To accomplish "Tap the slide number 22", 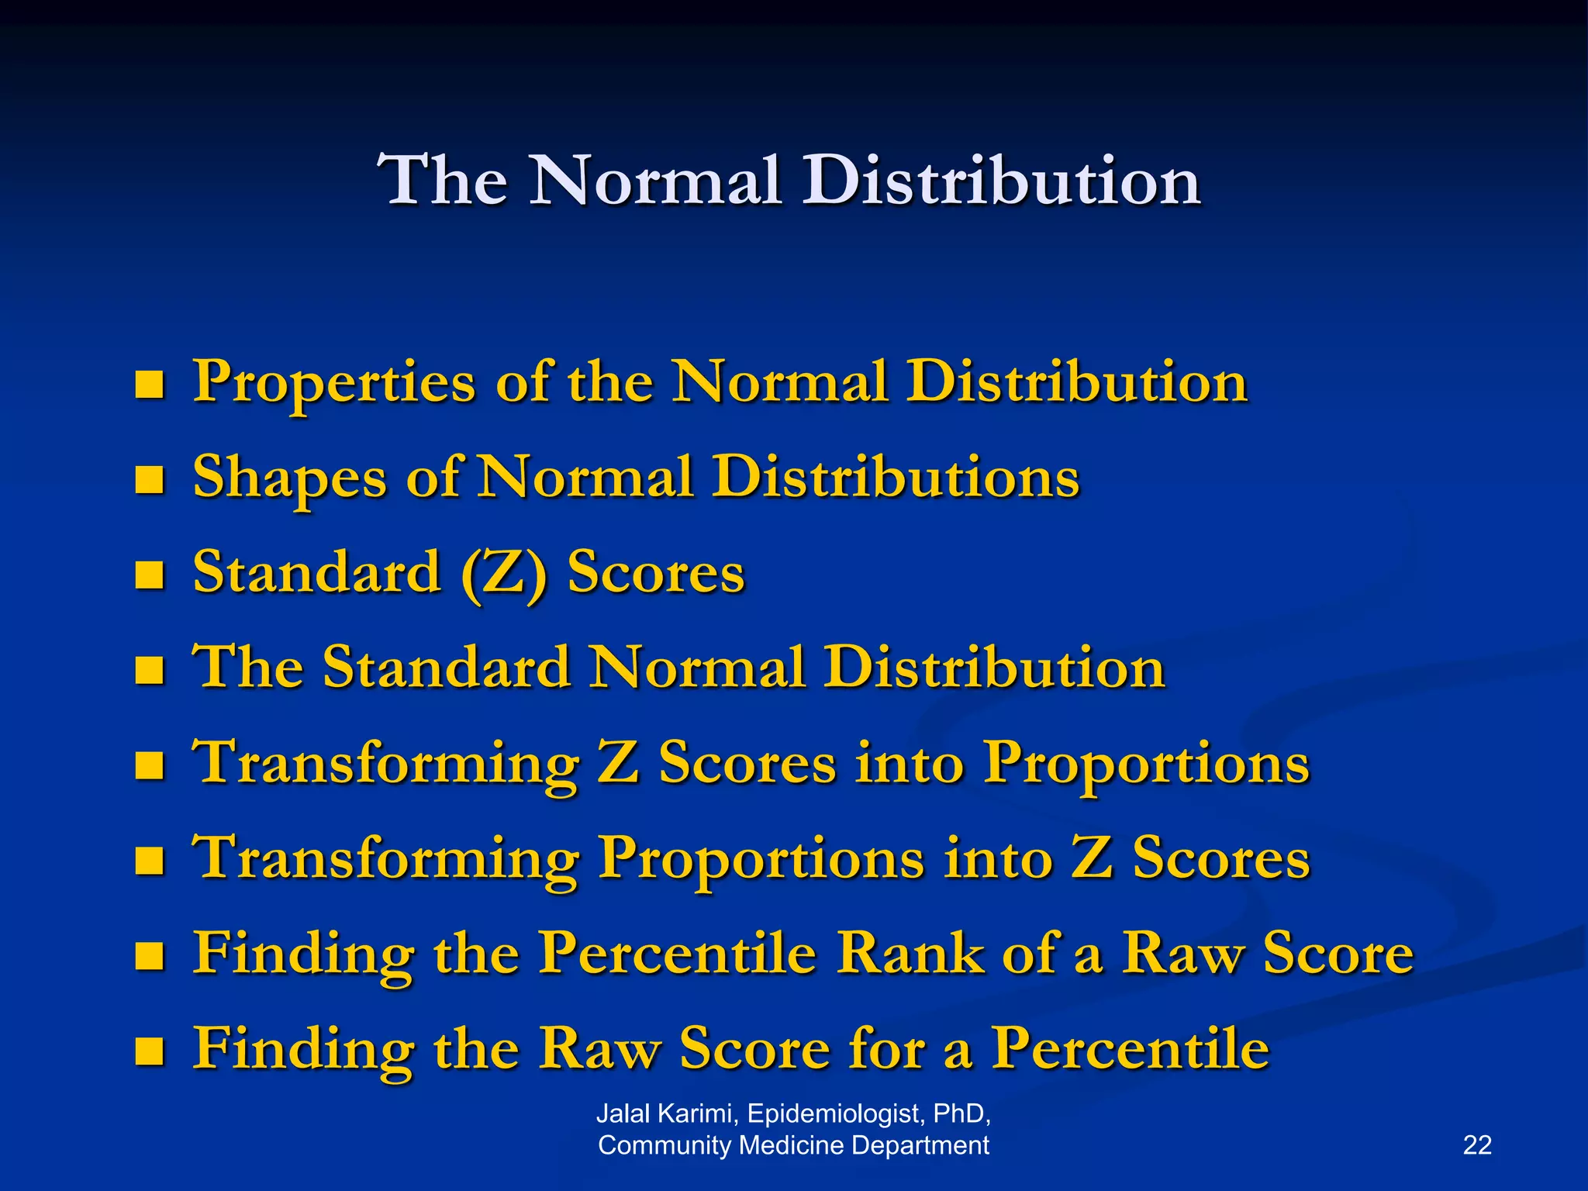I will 1477,1145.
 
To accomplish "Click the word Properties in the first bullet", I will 333,382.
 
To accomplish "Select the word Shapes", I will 289,478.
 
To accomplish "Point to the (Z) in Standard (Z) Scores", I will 504,574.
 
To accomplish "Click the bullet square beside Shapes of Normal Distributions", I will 149,479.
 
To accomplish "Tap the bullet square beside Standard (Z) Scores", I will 149,575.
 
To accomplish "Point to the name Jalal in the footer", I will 625,1113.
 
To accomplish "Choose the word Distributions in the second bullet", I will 896,476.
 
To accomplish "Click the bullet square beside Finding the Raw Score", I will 149,1051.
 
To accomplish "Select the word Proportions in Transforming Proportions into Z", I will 761,859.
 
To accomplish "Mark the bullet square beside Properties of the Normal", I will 149,384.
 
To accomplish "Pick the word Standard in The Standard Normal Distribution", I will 446,668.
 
